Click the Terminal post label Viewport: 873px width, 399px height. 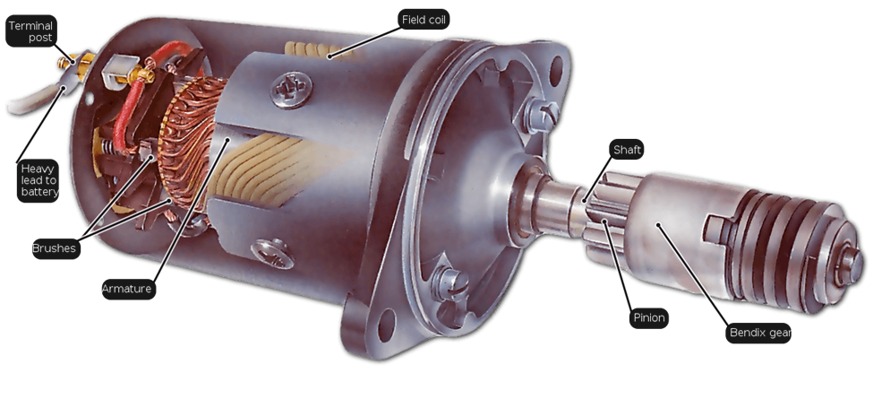tap(31, 31)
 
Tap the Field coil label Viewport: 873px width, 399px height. tap(424, 20)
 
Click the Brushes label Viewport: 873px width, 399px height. tap(56, 248)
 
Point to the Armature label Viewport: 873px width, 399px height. tap(128, 290)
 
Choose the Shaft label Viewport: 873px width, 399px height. tap(627, 150)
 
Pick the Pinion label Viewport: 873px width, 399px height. tap(648, 318)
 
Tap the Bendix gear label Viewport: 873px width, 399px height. tap(758, 334)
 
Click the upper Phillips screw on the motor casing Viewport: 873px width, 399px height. tap(292, 89)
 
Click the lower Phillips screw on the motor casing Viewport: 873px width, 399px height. tap(272, 254)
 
